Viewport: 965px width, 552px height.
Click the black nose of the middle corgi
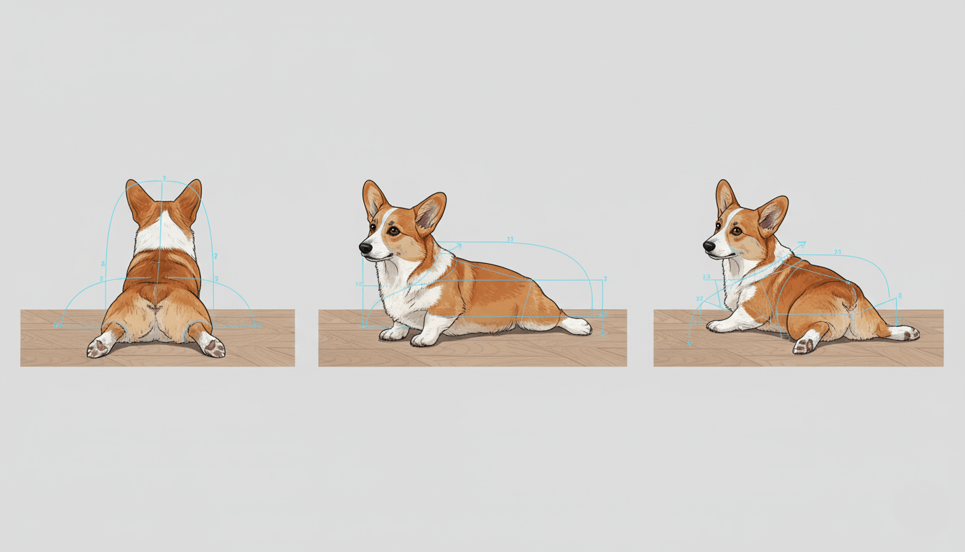coord(365,248)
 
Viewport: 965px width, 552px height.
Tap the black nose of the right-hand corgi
coord(709,246)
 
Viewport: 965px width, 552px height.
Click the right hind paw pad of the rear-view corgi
coord(213,348)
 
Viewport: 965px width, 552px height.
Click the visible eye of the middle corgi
coord(394,231)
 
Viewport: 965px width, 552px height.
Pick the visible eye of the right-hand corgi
coord(737,230)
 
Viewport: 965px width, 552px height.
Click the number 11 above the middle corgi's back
coord(510,239)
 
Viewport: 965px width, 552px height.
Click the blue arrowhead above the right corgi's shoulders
coord(801,244)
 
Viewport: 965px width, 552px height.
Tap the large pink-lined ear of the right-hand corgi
coord(772,213)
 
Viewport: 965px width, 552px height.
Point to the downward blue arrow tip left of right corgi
coord(690,344)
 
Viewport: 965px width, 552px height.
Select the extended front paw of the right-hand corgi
coord(719,326)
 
